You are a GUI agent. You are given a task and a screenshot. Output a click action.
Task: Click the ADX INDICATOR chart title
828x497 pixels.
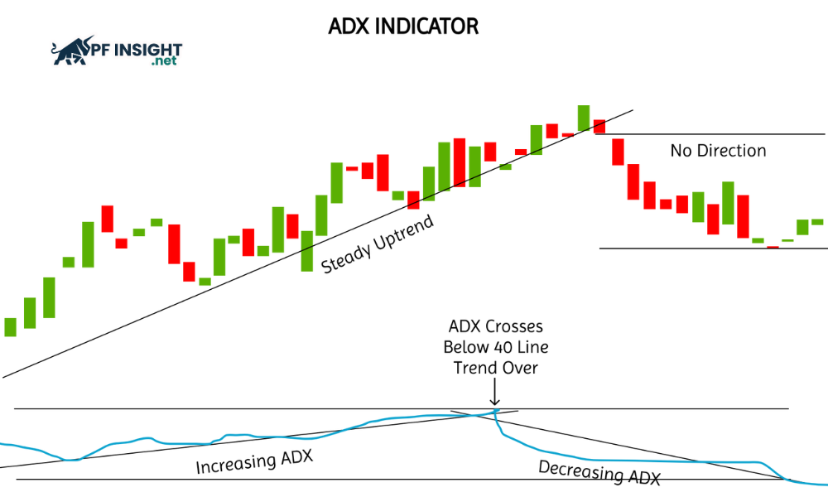coord(403,27)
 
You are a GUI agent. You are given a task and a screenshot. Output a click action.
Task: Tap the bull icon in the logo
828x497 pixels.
coord(71,51)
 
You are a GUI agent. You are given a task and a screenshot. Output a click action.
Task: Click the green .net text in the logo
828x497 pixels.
coord(164,60)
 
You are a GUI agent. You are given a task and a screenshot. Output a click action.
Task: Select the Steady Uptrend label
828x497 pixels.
coord(378,244)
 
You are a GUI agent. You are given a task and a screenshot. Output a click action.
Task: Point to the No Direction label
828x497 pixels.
coord(718,151)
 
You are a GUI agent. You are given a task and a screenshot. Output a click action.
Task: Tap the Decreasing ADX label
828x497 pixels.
coord(599,471)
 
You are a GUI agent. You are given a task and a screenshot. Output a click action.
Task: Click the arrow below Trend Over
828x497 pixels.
coord(495,392)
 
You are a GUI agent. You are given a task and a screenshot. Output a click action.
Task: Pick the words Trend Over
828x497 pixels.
coord(495,368)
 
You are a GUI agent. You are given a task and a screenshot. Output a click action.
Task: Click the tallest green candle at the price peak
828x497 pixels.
coord(584,118)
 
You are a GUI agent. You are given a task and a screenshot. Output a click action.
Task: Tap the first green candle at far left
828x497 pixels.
coord(11,327)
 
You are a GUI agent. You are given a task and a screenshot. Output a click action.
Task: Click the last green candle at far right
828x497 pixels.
coord(817,222)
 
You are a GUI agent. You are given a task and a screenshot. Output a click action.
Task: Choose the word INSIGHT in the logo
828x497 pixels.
coord(148,51)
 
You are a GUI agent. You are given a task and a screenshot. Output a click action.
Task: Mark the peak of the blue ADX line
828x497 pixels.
coord(495,410)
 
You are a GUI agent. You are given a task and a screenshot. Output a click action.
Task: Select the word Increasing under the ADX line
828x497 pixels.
coord(236,464)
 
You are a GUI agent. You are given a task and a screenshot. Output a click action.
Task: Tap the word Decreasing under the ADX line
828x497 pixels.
coord(580,470)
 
